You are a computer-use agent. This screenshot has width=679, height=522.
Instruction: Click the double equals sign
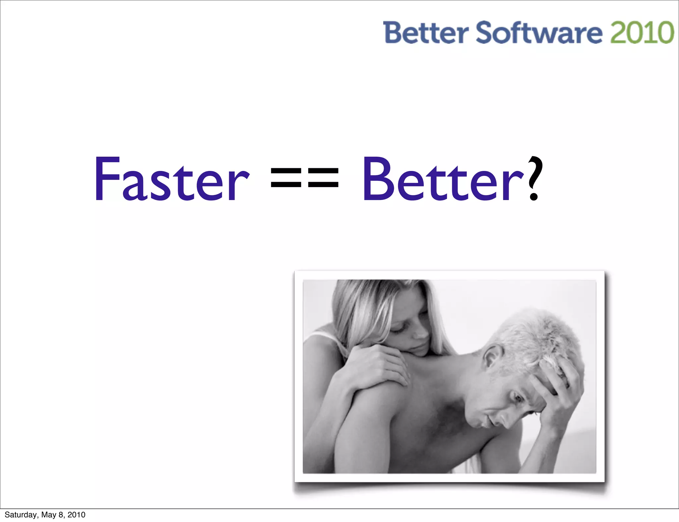click(305, 178)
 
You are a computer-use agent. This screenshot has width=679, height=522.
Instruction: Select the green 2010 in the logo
click(642, 32)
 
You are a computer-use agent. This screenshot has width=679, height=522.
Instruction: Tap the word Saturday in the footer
click(21, 515)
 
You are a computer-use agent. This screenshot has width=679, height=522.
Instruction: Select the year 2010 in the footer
click(76, 515)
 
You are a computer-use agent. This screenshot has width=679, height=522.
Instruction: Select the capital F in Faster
click(107, 179)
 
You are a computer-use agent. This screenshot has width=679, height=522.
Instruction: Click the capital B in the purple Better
click(378, 179)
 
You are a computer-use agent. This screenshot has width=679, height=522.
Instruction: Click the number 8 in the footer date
click(61, 515)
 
